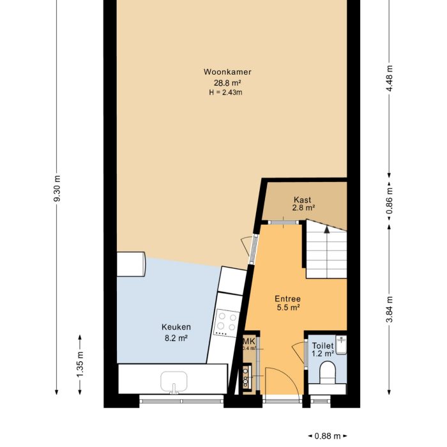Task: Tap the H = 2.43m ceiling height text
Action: tap(225, 93)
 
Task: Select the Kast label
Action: tap(303, 199)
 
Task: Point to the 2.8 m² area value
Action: tap(304, 208)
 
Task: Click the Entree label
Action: tap(287, 298)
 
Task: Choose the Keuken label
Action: tap(176, 327)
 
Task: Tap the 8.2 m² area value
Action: tap(176, 338)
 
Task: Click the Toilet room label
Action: tap(322, 345)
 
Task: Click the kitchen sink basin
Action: tap(174, 381)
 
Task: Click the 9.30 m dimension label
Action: tap(57, 190)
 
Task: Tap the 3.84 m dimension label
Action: tap(390, 310)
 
